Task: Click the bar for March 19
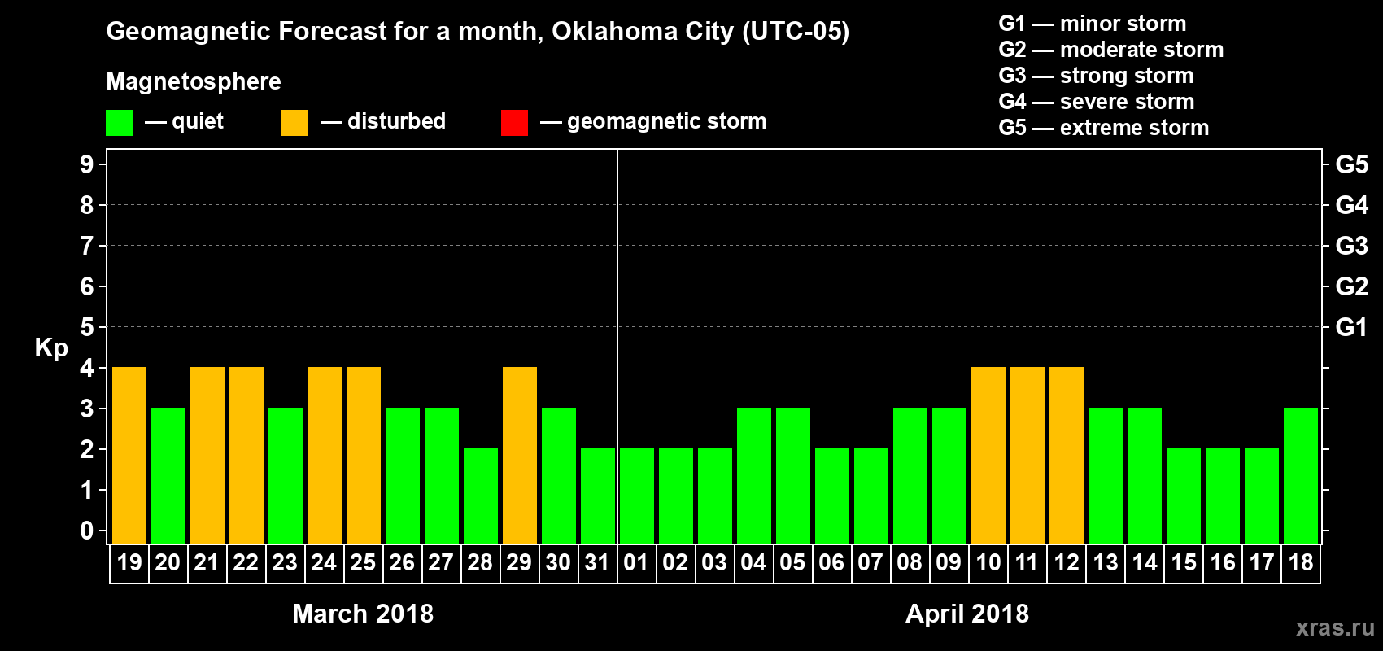[x=129, y=455]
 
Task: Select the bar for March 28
[x=481, y=496]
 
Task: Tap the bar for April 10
[x=988, y=455]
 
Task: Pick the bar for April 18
[x=1301, y=475]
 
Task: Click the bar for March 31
[x=598, y=496]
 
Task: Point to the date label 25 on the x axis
[x=363, y=562]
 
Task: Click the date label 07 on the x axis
[x=870, y=562]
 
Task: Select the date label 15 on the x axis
[x=1184, y=562]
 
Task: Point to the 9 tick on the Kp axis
[x=87, y=164]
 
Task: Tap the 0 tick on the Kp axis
[x=87, y=531]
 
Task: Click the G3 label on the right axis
[x=1351, y=246]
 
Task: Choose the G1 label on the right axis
[x=1351, y=327]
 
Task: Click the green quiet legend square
[x=120, y=123]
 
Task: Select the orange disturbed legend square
[x=294, y=123]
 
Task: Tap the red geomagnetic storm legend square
[x=514, y=123]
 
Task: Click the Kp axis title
[x=51, y=348]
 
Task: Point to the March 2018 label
[x=363, y=614]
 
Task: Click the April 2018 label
[x=967, y=614]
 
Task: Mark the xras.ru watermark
[x=1335, y=627]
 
